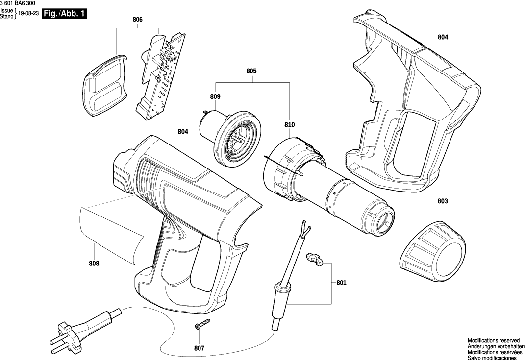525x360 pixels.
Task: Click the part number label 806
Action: coord(137,20)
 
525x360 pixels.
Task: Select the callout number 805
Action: coord(251,71)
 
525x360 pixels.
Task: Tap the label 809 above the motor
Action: coord(215,97)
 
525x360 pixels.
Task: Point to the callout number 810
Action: coord(289,125)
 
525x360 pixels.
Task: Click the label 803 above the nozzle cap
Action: coord(443,201)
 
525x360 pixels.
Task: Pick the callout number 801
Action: coord(341,283)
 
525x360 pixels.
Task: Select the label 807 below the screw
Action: coord(199,348)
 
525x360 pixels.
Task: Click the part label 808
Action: coord(94,264)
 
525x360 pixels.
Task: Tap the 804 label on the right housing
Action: coord(443,37)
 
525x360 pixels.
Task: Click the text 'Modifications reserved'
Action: coord(493,340)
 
